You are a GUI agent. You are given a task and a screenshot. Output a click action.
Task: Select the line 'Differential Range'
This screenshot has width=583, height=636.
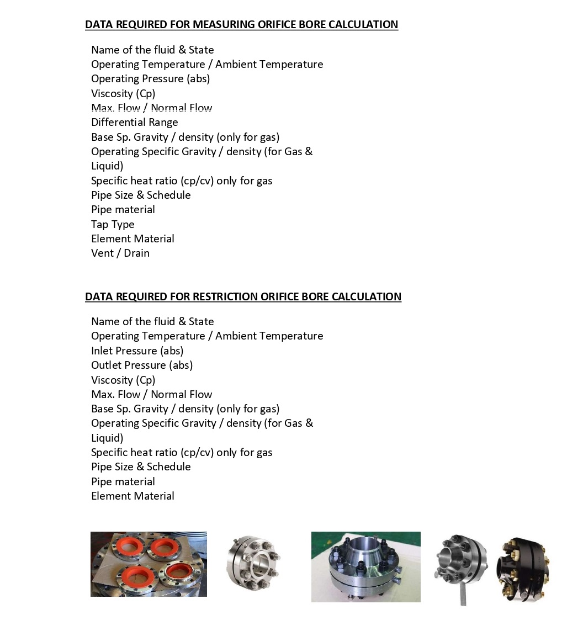(x=134, y=123)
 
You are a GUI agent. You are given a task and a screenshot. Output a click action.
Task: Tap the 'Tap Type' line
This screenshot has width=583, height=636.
(x=113, y=224)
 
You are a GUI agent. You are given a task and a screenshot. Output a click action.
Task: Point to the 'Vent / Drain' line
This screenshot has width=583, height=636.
(x=120, y=253)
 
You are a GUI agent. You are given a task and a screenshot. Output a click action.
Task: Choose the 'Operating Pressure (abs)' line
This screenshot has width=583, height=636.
(x=150, y=79)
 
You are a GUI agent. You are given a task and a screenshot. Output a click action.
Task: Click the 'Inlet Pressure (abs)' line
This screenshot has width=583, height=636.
(x=137, y=351)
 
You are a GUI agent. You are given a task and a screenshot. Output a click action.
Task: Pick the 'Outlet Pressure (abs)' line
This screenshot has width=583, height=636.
(x=142, y=365)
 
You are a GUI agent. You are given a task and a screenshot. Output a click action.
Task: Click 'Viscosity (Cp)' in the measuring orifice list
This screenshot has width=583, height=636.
(x=123, y=93)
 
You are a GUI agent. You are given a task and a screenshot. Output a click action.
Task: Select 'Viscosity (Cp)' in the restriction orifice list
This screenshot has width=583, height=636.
(x=123, y=380)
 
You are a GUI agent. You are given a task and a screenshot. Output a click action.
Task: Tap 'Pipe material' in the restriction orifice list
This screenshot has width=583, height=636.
(x=123, y=481)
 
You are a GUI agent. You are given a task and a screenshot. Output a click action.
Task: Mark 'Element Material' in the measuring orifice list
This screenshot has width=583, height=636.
(x=132, y=239)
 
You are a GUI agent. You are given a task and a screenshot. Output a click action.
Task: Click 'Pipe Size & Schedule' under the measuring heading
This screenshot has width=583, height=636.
(x=141, y=195)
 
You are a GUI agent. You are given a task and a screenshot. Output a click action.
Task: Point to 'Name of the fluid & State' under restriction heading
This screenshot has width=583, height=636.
(x=152, y=321)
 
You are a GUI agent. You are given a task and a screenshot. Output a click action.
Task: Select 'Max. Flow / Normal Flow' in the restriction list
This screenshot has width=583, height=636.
(x=151, y=394)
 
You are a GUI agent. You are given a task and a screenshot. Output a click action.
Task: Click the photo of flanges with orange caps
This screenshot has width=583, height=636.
(x=149, y=564)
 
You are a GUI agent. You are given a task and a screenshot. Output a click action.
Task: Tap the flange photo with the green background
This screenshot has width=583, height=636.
(x=365, y=566)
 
